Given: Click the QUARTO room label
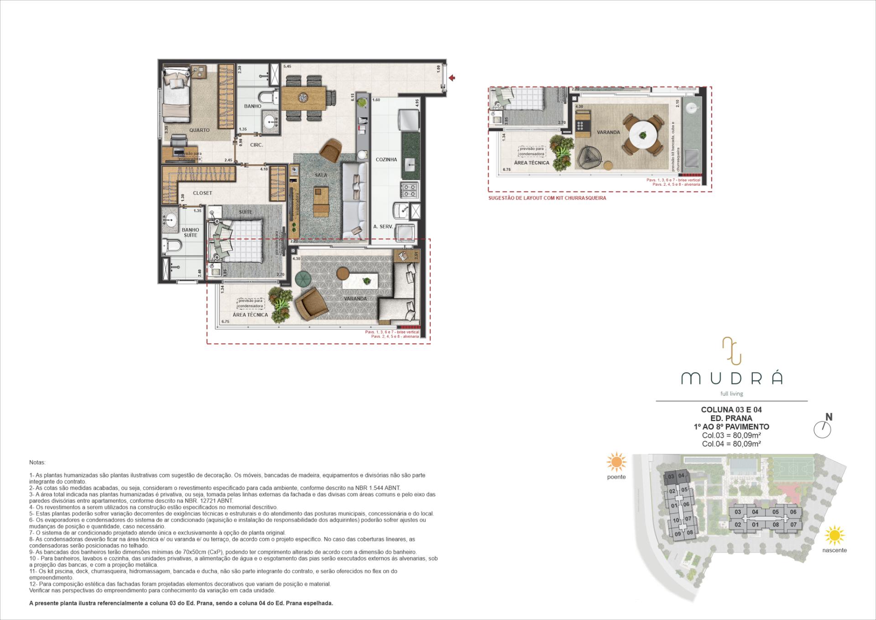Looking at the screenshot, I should coord(199,130).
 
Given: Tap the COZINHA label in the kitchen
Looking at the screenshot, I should coord(386,160).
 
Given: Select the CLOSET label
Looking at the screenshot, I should coord(202,193).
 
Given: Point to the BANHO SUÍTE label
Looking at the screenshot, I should coord(190,232).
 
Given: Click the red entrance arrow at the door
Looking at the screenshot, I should coord(452,78).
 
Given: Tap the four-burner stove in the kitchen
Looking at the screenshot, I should coord(409,190).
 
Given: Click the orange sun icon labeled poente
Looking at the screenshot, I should coord(616,462).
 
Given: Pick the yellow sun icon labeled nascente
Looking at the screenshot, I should coord(834,535).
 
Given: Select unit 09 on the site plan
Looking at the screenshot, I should coord(678,534).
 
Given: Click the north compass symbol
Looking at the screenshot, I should coord(822,429).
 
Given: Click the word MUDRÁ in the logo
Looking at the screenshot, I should coord(731,378).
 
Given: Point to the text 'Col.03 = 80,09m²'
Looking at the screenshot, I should coord(731,435).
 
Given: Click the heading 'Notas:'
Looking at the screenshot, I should coord(37,462).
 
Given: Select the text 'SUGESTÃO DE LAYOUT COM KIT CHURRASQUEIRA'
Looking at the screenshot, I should coord(547,198).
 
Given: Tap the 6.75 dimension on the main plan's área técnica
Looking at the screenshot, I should coord(225,322).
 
